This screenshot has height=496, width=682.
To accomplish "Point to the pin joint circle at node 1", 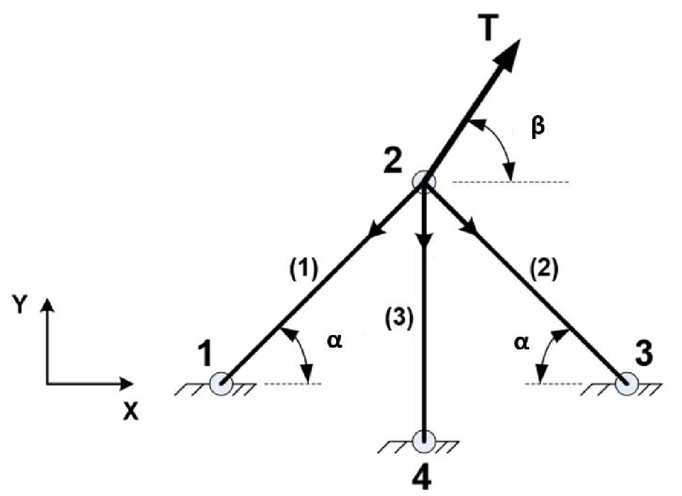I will click(x=221, y=384).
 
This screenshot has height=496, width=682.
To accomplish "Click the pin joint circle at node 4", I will click(x=424, y=440).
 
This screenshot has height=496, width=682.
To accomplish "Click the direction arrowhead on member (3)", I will click(x=424, y=240).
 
